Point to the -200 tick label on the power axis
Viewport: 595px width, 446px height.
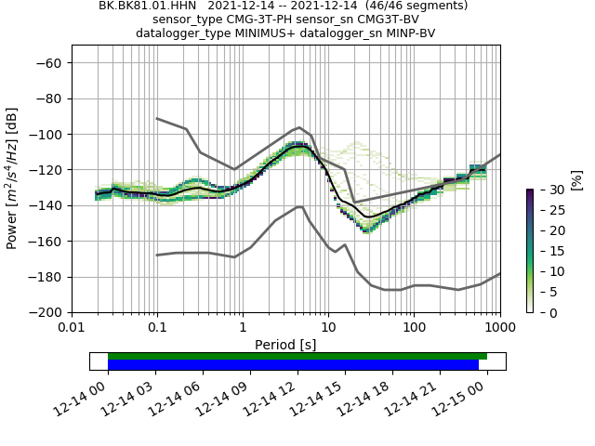coord(46,312)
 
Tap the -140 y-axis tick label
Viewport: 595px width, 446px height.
coord(46,205)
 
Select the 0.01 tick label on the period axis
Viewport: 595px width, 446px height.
coord(72,328)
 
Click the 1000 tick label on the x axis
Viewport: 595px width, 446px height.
coord(499,328)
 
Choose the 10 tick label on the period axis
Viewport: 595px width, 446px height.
coord(328,328)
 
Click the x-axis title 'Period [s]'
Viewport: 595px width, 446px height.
coord(285,345)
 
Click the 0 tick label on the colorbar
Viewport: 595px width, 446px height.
coord(546,313)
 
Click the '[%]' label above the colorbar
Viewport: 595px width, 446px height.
coord(576,179)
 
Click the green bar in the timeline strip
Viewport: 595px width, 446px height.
coord(297,356)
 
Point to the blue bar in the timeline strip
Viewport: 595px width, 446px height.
coord(293,365)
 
